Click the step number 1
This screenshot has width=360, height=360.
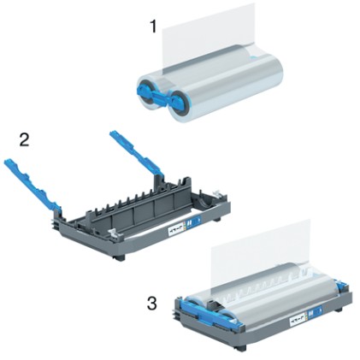tap(154, 27)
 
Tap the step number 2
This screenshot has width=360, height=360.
tap(24, 139)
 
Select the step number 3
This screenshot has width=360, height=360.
tap(151, 303)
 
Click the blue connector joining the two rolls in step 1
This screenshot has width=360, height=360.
tap(162, 91)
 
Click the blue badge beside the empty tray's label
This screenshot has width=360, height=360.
tap(198, 227)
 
